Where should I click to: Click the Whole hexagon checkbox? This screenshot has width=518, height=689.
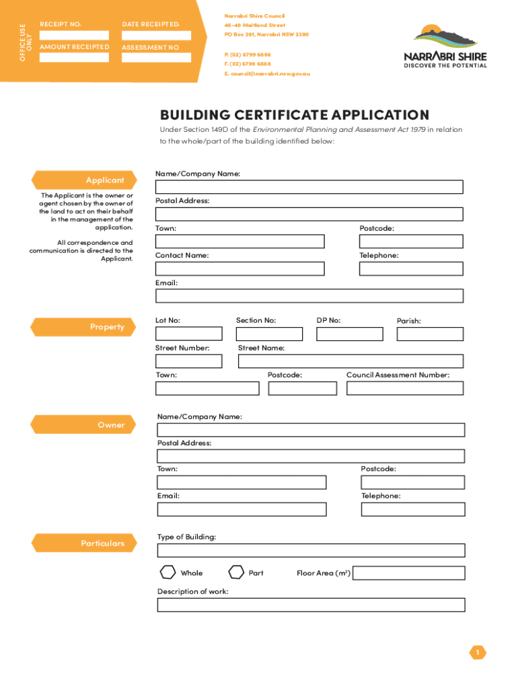point(168,573)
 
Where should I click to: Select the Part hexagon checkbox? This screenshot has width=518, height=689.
point(236,573)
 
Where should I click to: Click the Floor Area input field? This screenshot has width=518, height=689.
point(408,573)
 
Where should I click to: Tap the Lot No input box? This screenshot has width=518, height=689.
point(188,334)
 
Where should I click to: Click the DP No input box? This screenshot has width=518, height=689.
point(349,334)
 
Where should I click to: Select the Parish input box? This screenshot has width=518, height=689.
point(430,334)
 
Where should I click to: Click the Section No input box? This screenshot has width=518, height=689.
point(269,334)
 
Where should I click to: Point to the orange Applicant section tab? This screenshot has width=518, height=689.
point(83,180)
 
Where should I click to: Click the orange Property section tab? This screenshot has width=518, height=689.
point(83,327)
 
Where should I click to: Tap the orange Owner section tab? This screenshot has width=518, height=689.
point(83,425)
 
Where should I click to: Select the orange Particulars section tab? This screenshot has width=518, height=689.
point(83,543)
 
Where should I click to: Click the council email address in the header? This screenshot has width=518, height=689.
point(267,73)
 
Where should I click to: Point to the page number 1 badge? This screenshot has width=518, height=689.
point(478,652)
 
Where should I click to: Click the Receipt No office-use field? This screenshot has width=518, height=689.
point(74,35)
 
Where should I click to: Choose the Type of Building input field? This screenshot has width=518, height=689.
point(311,550)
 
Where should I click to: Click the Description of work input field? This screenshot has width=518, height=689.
point(311,605)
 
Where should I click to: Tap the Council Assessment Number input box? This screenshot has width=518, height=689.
point(404,388)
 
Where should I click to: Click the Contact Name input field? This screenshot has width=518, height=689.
point(239,269)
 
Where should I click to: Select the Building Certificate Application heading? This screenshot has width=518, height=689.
point(294,115)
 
